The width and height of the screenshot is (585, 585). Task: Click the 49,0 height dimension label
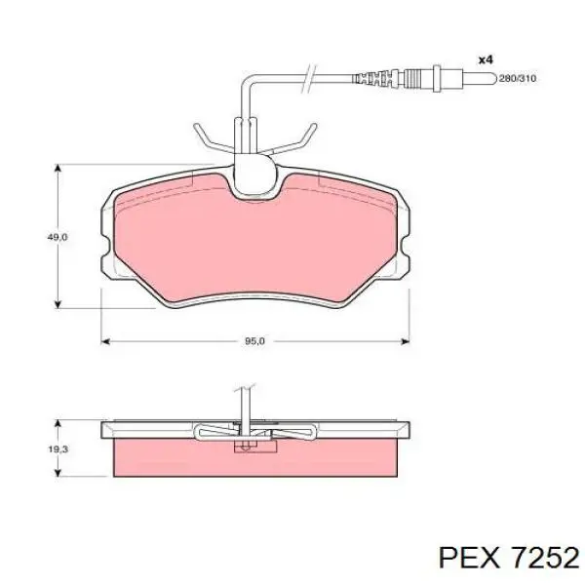coord(58,237)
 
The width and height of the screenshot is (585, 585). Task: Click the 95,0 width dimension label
coord(254,341)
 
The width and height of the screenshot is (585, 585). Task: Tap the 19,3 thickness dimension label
coord(58,449)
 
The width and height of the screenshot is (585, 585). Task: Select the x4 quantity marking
coord(487,59)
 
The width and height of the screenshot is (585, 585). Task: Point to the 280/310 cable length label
coord(518,78)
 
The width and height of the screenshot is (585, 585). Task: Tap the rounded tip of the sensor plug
coord(495,78)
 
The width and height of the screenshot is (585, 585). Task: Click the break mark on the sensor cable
coord(308,79)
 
